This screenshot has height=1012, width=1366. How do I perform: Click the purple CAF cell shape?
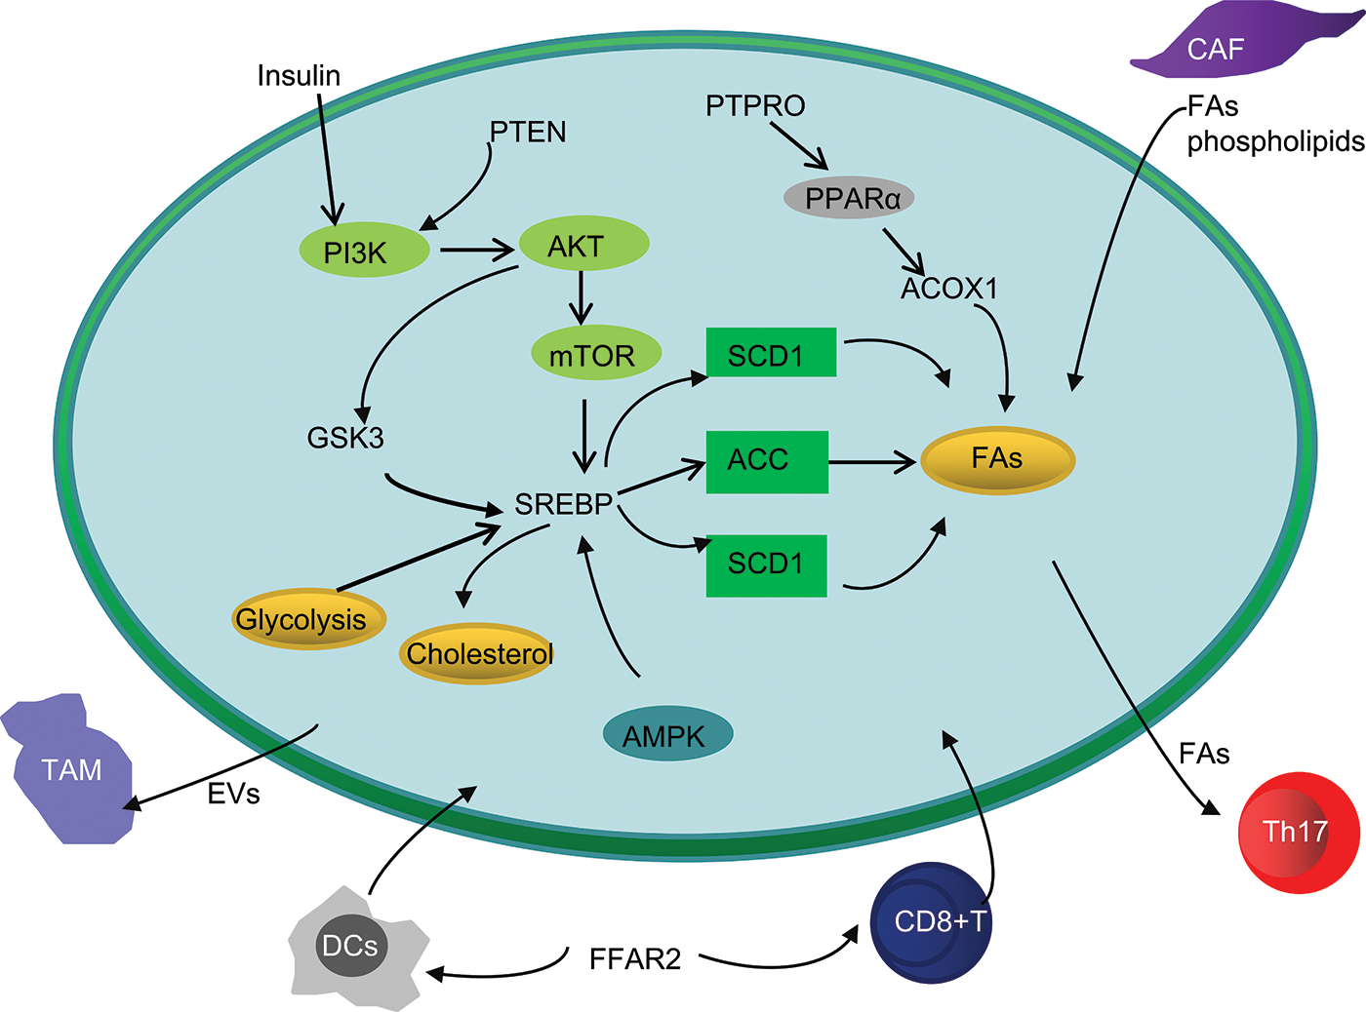coord(1238,43)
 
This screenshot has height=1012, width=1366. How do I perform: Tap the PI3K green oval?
coord(364,250)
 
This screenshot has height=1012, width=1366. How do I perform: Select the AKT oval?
coord(583,243)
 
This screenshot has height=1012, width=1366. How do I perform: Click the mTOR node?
coord(596,353)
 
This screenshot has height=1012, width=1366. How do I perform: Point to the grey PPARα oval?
coord(849,198)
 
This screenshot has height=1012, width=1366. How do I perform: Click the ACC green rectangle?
coord(767,462)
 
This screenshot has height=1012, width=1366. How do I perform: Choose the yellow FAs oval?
coord(998,460)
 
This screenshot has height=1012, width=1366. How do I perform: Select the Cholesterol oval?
coord(477,654)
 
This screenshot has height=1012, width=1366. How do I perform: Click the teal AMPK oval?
coord(667,734)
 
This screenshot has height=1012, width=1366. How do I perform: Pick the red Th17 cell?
coord(1299,833)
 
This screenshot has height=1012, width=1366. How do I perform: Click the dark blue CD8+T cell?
coord(931,922)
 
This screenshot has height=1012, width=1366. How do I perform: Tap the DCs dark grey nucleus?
coord(350,946)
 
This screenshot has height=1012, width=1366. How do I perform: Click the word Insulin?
coord(299,76)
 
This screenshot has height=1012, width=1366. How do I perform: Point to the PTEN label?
coord(528,132)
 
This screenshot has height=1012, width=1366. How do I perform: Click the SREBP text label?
coord(564,504)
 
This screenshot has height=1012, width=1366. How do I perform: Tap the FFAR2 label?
coord(635,959)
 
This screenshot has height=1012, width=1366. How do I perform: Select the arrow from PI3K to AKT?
coord(477,250)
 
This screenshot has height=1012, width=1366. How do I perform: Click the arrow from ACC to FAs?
coord(872,462)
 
